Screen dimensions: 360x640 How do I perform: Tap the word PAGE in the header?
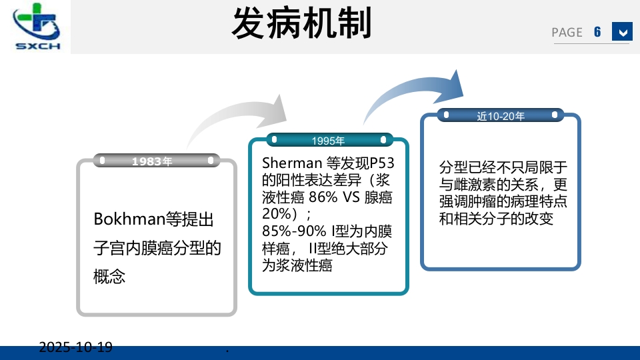click(567, 33)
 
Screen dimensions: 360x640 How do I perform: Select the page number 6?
click(597, 32)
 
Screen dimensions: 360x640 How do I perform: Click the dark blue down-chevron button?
click(622, 32)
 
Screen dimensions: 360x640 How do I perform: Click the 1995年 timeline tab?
click(328, 140)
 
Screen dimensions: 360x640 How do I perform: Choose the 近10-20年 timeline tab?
click(501, 116)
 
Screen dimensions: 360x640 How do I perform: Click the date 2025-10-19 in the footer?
click(75, 347)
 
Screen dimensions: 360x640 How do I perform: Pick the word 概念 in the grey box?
click(109, 276)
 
